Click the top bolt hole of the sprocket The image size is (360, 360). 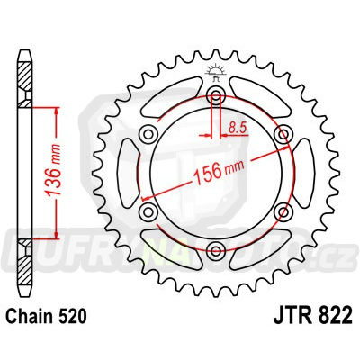217,95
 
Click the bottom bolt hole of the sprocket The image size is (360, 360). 217,251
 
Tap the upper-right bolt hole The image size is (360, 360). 284,135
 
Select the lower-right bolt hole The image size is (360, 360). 284,212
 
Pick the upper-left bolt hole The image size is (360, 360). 149,135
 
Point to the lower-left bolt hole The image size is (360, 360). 149,212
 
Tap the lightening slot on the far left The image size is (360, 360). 126,174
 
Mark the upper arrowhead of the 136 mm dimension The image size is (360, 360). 57,112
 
